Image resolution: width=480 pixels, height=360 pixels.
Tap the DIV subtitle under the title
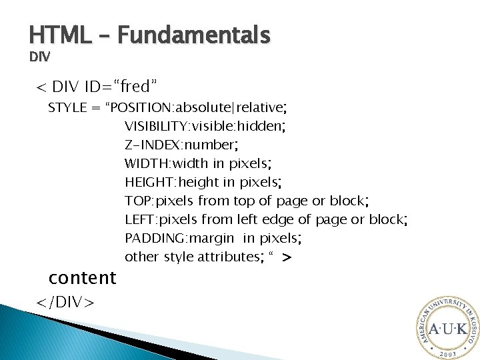pos(39,57)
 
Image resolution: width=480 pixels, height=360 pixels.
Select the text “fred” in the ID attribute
pos(135,86)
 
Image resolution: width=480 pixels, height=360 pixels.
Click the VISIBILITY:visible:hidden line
pos(205,126)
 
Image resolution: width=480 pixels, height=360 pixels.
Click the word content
pos(83,277)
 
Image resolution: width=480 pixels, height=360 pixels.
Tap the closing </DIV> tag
pos(65,302)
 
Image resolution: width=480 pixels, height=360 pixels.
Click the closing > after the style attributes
pos(287,257)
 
